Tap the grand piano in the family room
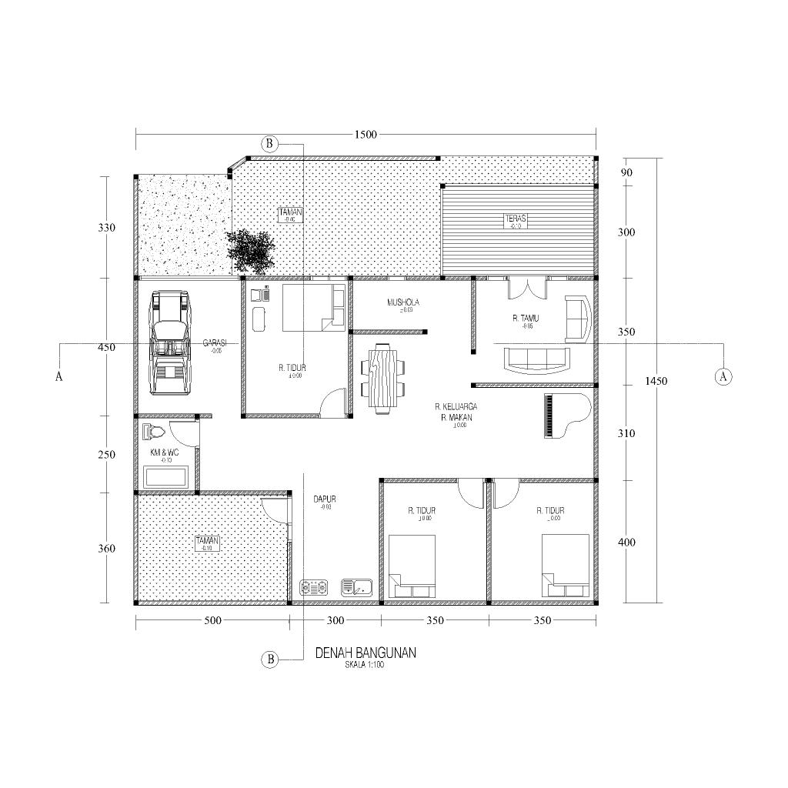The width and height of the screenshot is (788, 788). click(x=566, y=416)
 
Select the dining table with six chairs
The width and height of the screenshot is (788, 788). click(x=382, y=378)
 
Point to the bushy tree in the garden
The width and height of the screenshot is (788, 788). click(x=251, y=251)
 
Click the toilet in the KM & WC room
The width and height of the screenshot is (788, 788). click(x=153, y=432)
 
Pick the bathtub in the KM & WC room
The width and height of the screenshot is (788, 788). click(x=166, y=476)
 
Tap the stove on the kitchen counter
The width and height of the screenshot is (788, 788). click(x=314, y=588)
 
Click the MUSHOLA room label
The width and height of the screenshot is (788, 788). click(x=403, y=302)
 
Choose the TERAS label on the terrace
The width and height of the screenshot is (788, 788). click(x=515, y=218)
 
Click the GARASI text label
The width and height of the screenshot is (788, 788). click(x=214, y=342)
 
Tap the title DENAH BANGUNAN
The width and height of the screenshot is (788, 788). click(x=366, y=653)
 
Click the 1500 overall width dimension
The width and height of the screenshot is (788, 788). click(x=366, y=135)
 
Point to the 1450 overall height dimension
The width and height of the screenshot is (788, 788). click(x=656, y=381)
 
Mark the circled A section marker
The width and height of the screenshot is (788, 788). click(x=723, y=376)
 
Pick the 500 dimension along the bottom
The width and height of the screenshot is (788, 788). click(x=212, y=620)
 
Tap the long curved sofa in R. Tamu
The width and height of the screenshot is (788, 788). click(x=536, y=359)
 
